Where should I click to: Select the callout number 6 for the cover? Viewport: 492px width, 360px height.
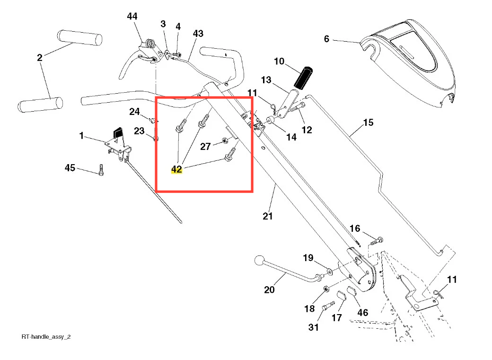tap(326, 39)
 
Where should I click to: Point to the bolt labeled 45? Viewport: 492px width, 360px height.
tap(101, 170)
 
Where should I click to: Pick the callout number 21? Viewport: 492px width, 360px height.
tap(268, 216)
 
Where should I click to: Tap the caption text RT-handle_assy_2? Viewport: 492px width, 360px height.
tap(46, 337)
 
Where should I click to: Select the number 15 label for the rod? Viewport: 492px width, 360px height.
tap(368, 123)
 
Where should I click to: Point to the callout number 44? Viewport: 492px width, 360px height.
tap(132, 17)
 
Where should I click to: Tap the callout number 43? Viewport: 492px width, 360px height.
tap(198, 34)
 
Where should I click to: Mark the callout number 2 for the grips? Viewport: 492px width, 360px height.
tap(40, 58)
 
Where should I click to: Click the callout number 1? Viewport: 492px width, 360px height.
tap(81, 136)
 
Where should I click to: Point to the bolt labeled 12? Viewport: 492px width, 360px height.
tap(296, 108)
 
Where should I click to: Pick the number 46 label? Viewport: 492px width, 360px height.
tap(362, 313)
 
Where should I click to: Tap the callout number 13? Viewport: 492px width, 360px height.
tap(266, 80)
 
